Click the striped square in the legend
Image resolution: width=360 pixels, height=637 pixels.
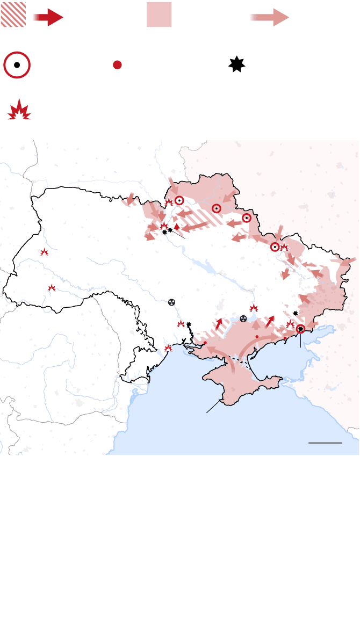(x=13, y=15)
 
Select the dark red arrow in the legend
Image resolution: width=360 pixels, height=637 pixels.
(x=49, y=17)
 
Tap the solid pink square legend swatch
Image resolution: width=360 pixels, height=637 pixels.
(x=159, y=15)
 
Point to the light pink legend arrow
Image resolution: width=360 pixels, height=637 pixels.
(x=270, y=17)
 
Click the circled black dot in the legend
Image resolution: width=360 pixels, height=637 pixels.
(x=17, y=65)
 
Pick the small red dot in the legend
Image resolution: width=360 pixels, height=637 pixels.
(x=117, y=65)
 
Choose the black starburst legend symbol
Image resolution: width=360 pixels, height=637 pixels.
(x=236, y=64)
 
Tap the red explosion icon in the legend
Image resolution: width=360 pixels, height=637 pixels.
(x=19, y=110)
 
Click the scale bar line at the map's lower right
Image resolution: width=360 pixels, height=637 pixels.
(x=325, y=443)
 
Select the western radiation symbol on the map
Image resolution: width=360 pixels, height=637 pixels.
(x=171, y=302)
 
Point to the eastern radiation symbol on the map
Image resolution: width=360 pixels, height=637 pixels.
(x=243, y=318)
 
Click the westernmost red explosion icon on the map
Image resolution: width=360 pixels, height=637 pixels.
(x=45, y=252)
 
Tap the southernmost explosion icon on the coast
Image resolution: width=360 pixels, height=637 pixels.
(x=168, y=348)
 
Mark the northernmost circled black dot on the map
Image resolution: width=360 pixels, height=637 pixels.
(x=179, y=200)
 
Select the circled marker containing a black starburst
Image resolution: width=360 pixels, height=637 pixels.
(x=301, y=329)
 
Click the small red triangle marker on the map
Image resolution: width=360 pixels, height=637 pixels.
(x=176, y=227)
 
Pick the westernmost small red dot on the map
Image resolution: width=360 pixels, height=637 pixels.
(x=205, y=343)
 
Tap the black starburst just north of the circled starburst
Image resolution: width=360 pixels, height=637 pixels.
(x=295, y=313)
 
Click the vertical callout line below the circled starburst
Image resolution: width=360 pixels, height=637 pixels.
(x=301, y=341)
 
